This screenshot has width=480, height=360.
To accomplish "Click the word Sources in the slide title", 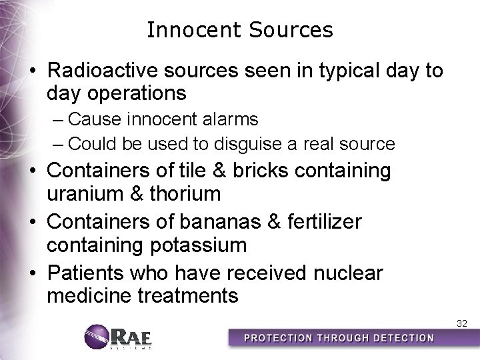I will (x=293, y=30).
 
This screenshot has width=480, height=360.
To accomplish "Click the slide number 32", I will (x=463, y=323).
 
